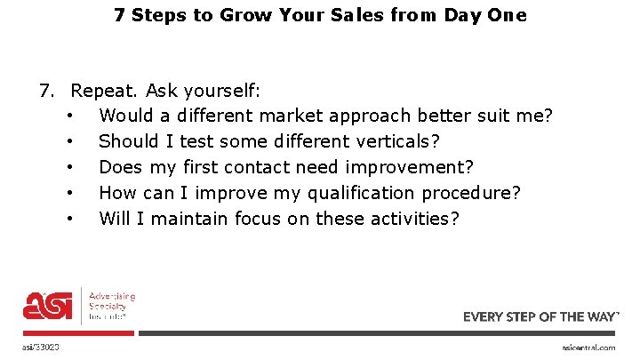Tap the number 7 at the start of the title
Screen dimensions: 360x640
(119, 15)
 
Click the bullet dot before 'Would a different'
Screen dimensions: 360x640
(69, 116)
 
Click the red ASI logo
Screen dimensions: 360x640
(49, 305)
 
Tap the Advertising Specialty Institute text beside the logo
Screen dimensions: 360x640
(111, 305)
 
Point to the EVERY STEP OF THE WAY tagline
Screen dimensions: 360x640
(541, 316)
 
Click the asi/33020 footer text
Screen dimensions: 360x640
(42, 347)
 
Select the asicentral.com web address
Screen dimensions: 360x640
(588, 348)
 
